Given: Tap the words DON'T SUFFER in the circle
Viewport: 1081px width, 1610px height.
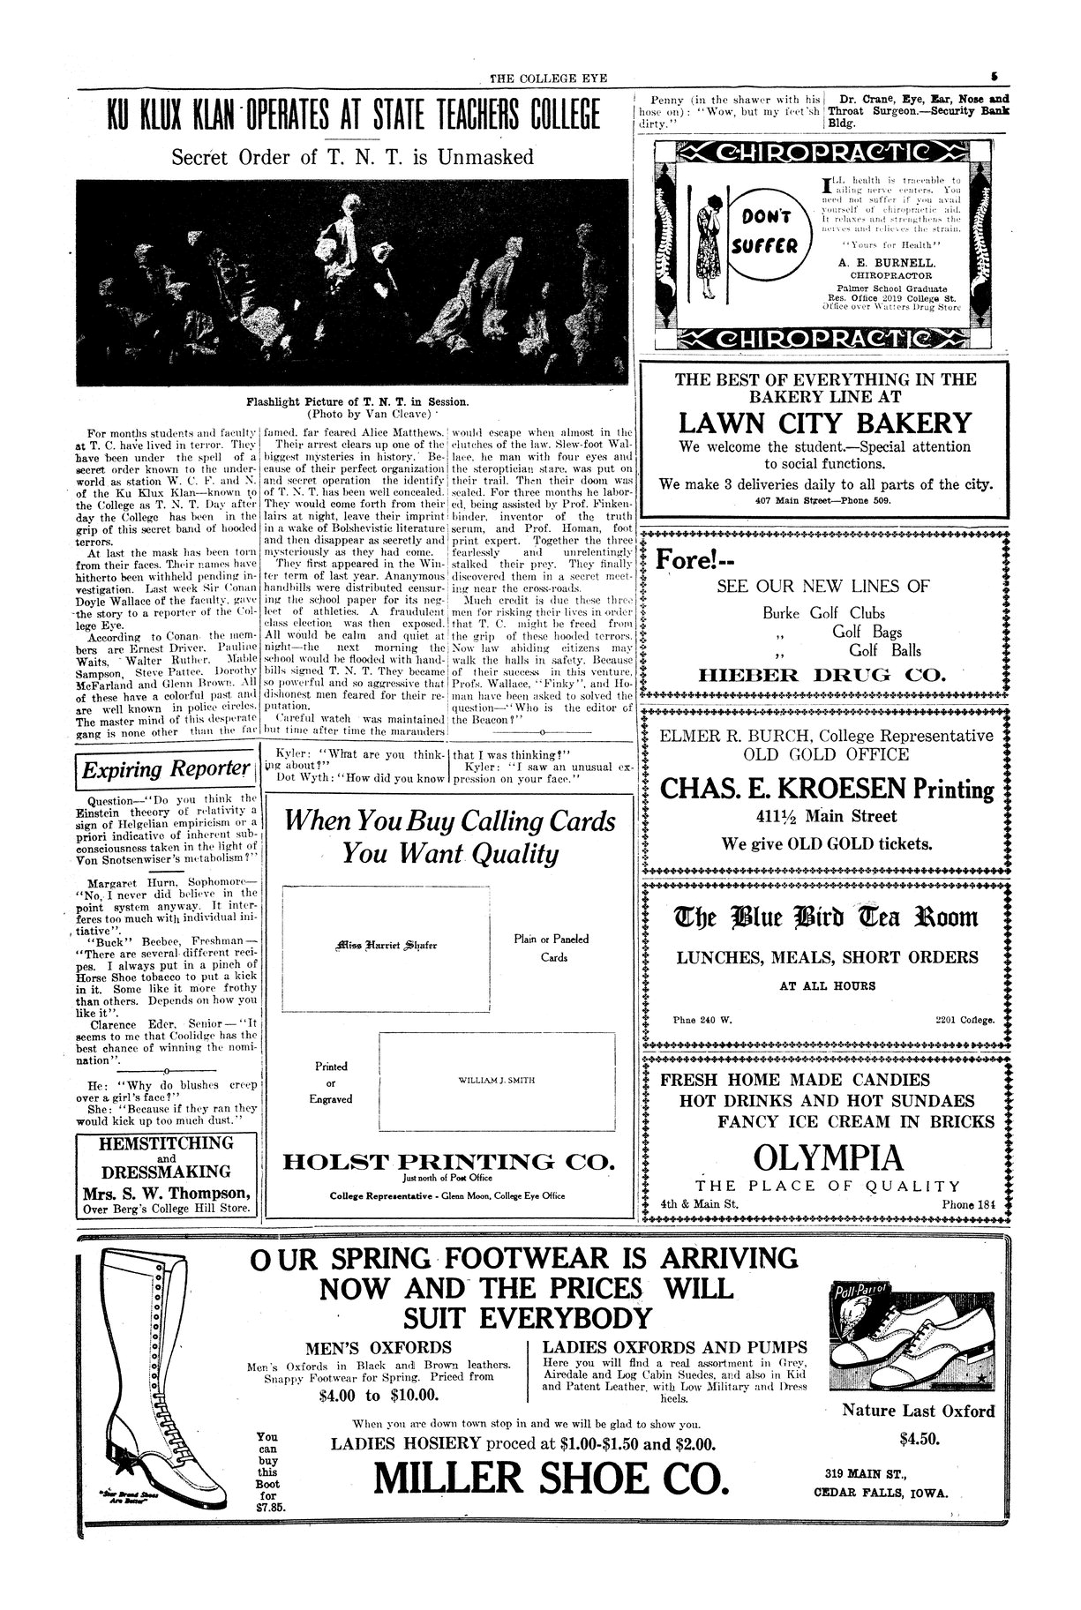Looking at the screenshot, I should click(x=760, y=231).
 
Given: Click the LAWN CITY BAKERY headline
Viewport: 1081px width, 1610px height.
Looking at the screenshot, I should click(x=825, y=423).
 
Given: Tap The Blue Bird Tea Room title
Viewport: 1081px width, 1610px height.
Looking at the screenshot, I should click(x=827, y=917).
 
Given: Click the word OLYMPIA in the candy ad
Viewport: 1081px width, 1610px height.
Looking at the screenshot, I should click(x=827, y=1157).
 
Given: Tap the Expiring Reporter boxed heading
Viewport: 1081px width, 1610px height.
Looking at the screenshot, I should click(x=165, y=769).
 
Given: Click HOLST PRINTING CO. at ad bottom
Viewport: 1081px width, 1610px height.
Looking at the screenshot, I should click(x=447, y=1162).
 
